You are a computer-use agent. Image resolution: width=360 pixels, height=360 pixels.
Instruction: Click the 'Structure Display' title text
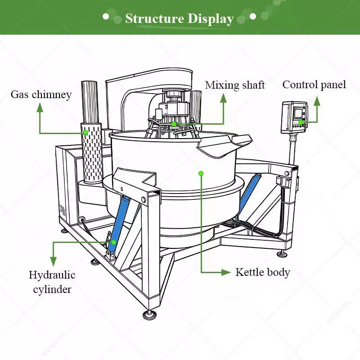click(179, 18)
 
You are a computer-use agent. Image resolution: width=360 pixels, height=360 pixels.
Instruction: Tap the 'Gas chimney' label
click(41, 94)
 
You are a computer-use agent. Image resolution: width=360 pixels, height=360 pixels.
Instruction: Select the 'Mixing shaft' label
click(234, 85)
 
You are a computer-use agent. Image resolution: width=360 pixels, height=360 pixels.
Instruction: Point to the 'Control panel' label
click(314, 85)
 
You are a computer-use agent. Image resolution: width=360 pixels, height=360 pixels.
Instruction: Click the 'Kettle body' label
click(263, 272)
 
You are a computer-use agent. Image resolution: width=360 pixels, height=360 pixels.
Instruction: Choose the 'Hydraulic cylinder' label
click(52, 282)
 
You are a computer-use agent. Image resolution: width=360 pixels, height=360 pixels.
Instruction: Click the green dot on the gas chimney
click(85, 132)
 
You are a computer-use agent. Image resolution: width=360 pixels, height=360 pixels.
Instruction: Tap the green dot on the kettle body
click(201, 173)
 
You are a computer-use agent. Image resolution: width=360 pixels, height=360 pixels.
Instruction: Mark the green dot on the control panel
click(301, 122)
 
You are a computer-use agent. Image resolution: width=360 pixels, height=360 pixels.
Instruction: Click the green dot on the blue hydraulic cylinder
click(114, 242)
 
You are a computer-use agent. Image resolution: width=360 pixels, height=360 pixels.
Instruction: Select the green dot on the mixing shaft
click(174, 124)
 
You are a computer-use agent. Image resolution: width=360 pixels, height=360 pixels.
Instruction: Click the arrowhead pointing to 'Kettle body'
click(226, 273)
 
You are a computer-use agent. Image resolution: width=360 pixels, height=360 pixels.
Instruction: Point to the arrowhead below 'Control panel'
click(317, 101)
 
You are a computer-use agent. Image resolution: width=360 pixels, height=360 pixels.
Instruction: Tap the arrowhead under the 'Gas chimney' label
click(40, 107)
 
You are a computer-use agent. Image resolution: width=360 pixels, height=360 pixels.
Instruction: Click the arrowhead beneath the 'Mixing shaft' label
click(223, 98)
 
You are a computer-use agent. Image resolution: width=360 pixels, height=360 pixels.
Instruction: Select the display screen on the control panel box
click(298, 113)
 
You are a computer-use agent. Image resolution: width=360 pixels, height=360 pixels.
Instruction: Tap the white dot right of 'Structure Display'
click(253, 17)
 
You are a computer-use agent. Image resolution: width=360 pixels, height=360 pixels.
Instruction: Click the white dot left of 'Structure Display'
click(106, 17)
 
